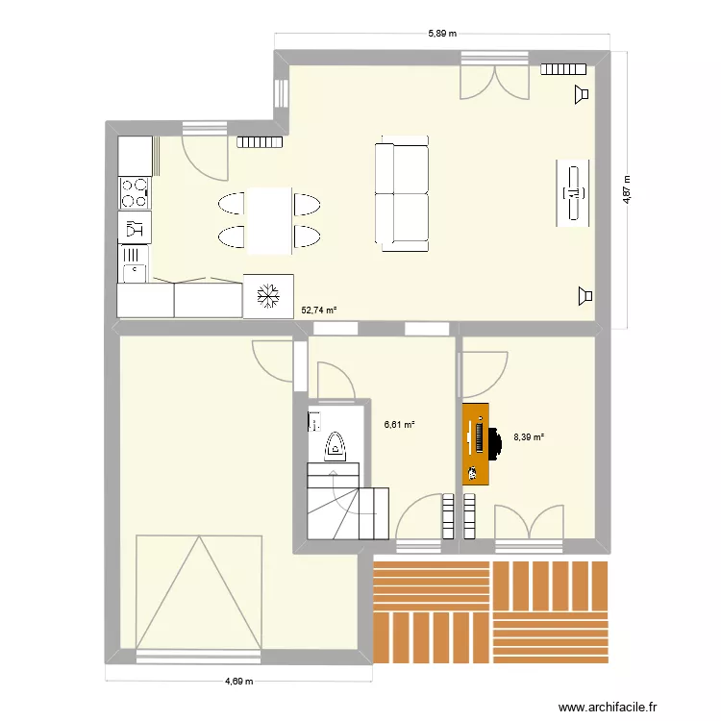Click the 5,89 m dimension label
(441, 33)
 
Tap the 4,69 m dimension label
(238, 682)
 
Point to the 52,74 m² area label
(319, 311)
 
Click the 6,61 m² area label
(399, 424)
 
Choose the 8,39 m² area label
(529, 436)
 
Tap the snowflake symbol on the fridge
(268, 297)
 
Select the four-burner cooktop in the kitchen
(134, 193)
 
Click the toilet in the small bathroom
(336, 444)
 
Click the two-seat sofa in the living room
(402, 196)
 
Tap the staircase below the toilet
(346, 507)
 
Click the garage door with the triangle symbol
(199, 592)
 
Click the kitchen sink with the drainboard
(134, 263)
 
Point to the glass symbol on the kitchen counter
(134, 228)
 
